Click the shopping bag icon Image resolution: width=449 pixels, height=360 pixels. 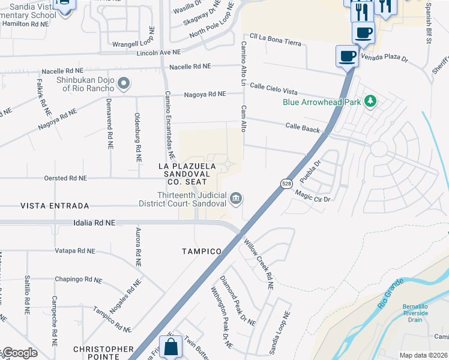pyautogui.click(x=171, y=346)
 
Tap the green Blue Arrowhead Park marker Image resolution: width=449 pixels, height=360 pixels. pyautogui.click(x=370, y=101)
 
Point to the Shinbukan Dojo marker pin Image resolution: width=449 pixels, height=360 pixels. pyautogui.click(x=123, y=83)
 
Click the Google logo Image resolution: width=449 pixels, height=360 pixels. pyautogui.click(x=20, y=353)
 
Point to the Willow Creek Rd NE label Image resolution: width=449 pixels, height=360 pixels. pyautogui.click(x=259, y=265)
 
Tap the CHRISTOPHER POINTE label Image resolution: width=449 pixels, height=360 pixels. pyautogui.click(x=103, y=353)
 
